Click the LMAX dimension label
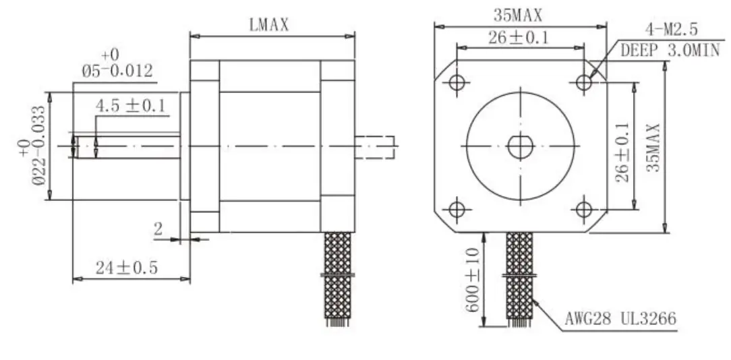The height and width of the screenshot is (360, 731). (x=268, y=26)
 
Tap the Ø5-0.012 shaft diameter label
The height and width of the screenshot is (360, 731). (x=117, y=70)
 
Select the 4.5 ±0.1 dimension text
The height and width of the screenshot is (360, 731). (x=131, y=106)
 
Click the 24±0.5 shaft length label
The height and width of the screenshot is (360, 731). (x=126, y=268)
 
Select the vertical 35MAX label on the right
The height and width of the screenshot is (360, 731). (x=653, y=147)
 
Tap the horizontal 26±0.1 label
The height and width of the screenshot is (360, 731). (x=519, y=38)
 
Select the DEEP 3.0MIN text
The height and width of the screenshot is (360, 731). (x=670, y=50)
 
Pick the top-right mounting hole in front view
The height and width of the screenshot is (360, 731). (x=584, y=82)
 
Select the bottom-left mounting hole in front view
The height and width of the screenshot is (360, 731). (x=457, y=209)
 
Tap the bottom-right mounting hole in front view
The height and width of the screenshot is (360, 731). (x=584, y=209)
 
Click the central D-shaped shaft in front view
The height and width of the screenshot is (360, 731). (x=520, y=146)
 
